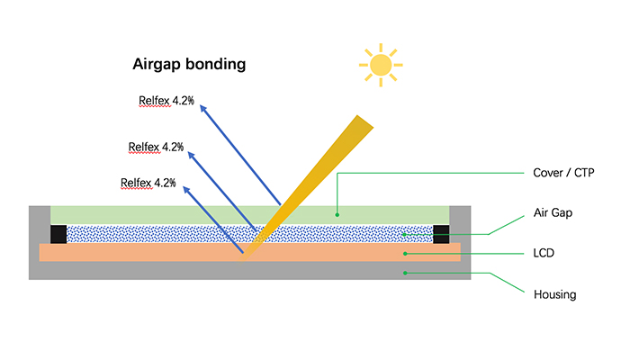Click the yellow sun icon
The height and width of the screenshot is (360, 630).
click(x=381, y=65)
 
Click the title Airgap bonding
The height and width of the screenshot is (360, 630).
click(x=189, y=64)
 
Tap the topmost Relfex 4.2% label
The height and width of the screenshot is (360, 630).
click(x=166, y=101)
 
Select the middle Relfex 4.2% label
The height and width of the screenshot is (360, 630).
click(x=156, y=147)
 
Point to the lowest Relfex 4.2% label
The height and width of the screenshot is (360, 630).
click(x=148, y=184)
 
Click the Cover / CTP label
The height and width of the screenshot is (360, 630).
click(x=563, y=173)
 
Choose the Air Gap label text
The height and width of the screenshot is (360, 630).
click(x=553, y=212)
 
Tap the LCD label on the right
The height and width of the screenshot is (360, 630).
click(x=544, y=253)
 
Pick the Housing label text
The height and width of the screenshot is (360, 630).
click(x=555, y=294)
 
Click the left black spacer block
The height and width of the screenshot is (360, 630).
click(x=58, y=234)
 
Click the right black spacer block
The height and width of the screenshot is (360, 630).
click(x=441, y=234)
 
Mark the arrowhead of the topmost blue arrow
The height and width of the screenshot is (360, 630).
click(x=202, y=109)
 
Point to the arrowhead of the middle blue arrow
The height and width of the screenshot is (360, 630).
click(x=191, y=156)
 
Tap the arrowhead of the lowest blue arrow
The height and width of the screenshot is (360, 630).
click(x=186, y=190)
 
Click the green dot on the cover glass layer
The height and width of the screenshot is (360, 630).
click(x=337, y=215)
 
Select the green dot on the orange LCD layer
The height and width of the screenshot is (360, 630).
click(x=405, y=254)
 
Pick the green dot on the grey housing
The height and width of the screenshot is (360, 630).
click(x=405, y=273)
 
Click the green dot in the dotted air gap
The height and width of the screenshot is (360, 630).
click(x=405, y=234)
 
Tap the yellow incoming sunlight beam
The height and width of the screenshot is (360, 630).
click(x=305, y=189)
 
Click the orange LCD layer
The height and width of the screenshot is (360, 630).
click(x=249, y=252)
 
